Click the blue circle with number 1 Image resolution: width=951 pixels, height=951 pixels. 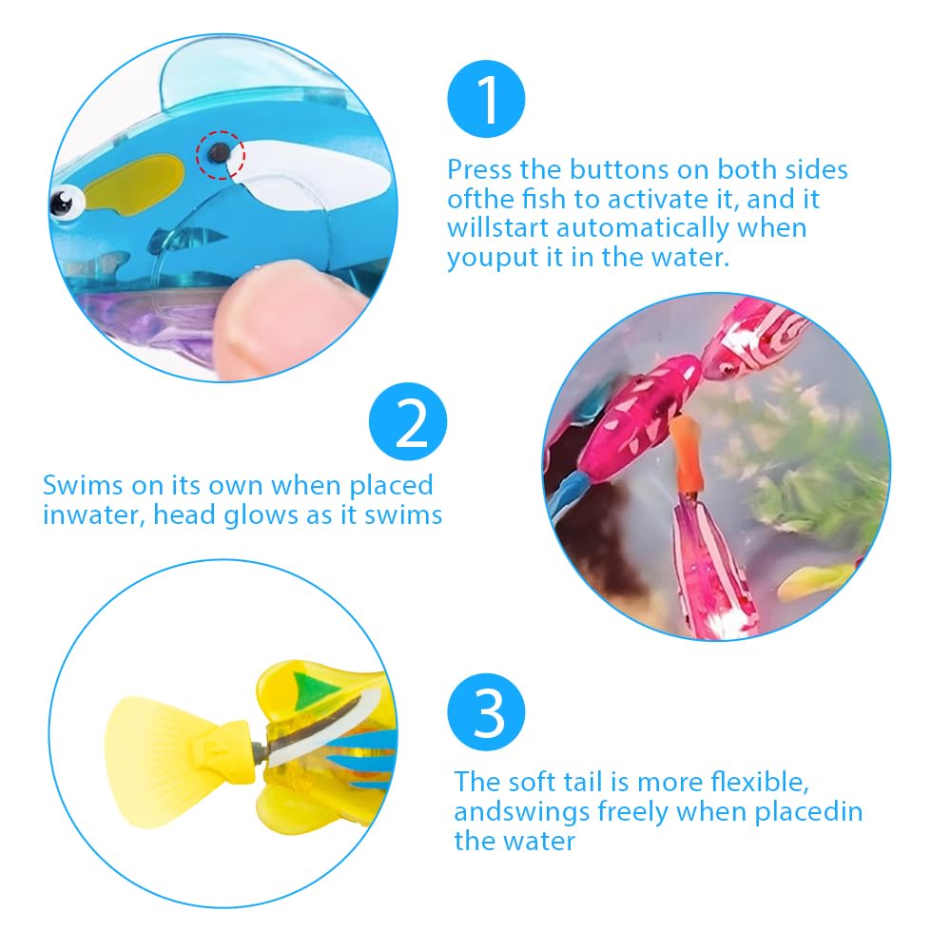click(486, 102)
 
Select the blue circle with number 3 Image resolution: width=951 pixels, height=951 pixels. click(486, 715)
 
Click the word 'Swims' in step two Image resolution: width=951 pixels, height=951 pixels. click(83, 485)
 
